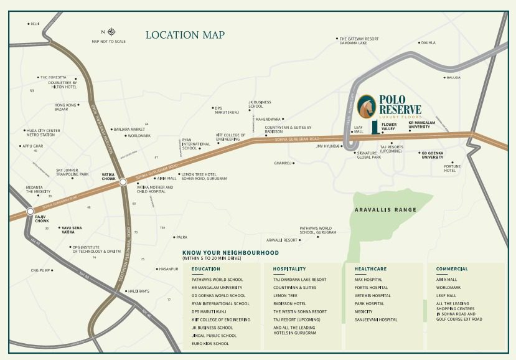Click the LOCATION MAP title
click(x=185, y=35)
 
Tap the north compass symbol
click(x=111, y=32)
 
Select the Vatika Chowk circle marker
click(x=123, y=182)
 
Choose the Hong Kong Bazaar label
click(x=65, y=107)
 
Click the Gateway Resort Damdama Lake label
click(x=359, y=40)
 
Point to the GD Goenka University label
click(x=441, y=155)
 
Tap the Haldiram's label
click(x=138, y=291)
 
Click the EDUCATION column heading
click(x=206, y=269)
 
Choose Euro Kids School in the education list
click(x=210, y=343)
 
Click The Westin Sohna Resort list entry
click(x=300, y=311)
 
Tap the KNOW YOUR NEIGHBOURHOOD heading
click(x=230, y=253)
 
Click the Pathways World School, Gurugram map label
click(x=317, y=230)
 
